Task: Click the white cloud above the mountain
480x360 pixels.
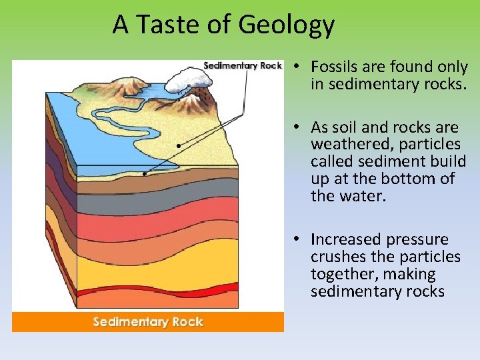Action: point(188,81)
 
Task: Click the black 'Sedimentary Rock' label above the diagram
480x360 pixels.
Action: point(242,65)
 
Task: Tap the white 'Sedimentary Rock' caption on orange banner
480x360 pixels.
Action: point(148,322)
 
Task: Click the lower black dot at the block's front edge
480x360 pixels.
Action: point(145,174)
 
